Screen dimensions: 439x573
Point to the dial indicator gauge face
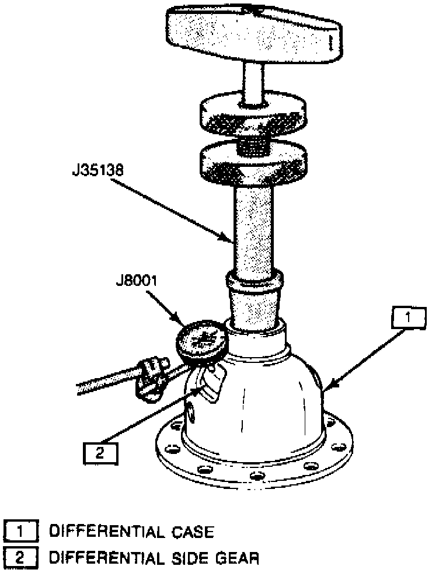(201, 340)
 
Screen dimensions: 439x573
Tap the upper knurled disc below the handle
(253, 116)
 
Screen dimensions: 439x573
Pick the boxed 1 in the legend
(22, 532)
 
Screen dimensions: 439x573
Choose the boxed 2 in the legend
(22, 558)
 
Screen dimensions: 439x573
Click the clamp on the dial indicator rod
(150, 379)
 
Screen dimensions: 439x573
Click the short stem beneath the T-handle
(255, 81)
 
